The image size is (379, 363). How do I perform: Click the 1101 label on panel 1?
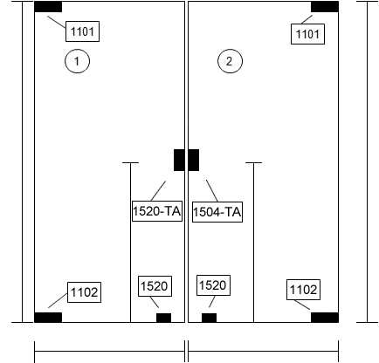82,31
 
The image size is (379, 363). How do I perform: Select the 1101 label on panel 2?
307,34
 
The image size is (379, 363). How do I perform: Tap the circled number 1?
77,61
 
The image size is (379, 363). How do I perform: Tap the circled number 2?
230,61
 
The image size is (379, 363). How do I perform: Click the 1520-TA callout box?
157,211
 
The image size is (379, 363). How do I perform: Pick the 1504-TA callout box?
217,212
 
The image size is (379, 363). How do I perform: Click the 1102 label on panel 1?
85,292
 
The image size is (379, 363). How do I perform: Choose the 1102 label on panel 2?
304,290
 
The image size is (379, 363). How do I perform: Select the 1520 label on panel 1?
155,286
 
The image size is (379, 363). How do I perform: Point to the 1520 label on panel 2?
213,285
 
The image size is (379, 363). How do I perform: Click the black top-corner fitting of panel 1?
48,7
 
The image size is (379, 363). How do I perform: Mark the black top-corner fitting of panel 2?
325,7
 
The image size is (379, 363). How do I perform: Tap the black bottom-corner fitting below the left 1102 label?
48,318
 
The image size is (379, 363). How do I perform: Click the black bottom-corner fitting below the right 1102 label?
325,318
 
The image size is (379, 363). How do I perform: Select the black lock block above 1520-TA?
179,161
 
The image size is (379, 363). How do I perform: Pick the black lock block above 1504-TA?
194,161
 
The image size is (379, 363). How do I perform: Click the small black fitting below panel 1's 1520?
164,318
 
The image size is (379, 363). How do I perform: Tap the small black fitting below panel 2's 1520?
210,318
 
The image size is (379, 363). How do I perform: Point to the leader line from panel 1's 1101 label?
57,22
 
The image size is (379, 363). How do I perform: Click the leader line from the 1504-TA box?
212,191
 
